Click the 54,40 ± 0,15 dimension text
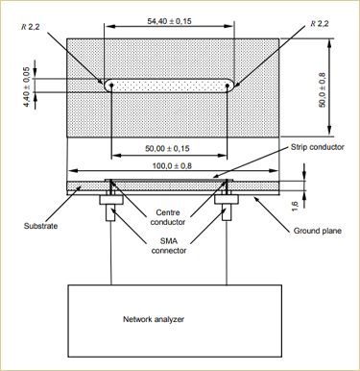point(169,21)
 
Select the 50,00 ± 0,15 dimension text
point(167,149)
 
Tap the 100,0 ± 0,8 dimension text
point(172,166)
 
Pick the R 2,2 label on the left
point(31,27)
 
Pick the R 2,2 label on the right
point(320,24)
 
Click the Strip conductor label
point(318,147)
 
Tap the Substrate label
point(40,226)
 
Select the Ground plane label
point(318,231)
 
